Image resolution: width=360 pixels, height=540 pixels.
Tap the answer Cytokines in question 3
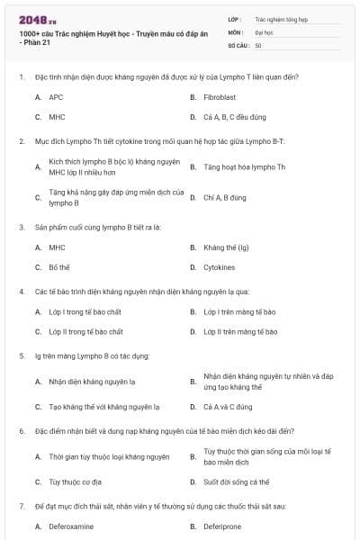[220, 267]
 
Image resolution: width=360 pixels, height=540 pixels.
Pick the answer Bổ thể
[59, 267]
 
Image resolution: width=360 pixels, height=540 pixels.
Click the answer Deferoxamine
[71, 526]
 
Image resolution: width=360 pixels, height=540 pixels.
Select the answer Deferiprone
[224, 526]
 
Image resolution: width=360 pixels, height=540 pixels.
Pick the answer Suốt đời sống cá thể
[237, 481]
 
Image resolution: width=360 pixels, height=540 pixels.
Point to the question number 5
[21, 355]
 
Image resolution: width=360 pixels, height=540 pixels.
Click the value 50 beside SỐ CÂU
[259, 45]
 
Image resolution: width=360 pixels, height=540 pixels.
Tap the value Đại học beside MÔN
[265, 31]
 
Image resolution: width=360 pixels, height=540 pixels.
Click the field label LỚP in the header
[236, 18]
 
